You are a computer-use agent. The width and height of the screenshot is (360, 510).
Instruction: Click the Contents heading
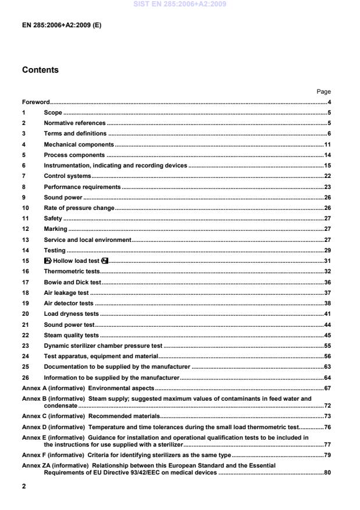point(40,70)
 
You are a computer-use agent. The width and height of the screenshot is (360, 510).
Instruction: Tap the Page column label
point(323,91)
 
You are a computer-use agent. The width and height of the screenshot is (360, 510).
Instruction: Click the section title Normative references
point(74,123)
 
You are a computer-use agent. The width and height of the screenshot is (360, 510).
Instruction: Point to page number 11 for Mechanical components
point(327,144)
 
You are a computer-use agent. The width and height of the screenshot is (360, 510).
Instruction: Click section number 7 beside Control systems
point(24,176)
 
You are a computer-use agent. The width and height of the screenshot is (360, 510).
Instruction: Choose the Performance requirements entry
point(82,187)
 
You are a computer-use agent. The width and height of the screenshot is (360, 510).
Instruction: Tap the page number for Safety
point(327,219)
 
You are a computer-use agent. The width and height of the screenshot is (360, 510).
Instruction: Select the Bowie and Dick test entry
point(72,282)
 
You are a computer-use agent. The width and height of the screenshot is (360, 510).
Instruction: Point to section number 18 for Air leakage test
point(25,293)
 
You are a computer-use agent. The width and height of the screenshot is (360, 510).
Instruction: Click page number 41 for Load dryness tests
point(327,314)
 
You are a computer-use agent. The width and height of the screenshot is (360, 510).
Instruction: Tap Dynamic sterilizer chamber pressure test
point(103,346)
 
